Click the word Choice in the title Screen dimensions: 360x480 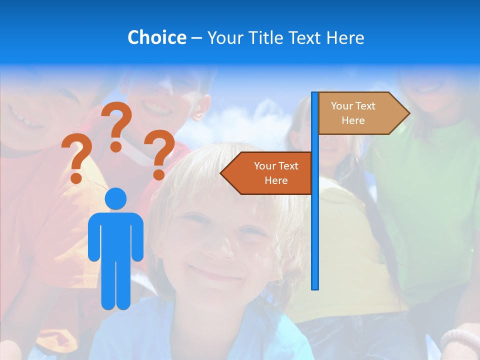tap(156, 37)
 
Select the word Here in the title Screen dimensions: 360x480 tap(345, 37)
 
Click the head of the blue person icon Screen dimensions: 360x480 tap(116, 199)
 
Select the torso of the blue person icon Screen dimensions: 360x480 tap(116, 235)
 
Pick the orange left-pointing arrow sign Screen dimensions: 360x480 tap(270, 173)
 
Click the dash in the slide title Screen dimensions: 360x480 tap(196, 38)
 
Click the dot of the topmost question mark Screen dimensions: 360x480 tap(116, 146)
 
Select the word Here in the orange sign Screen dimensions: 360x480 tap(276, 180)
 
